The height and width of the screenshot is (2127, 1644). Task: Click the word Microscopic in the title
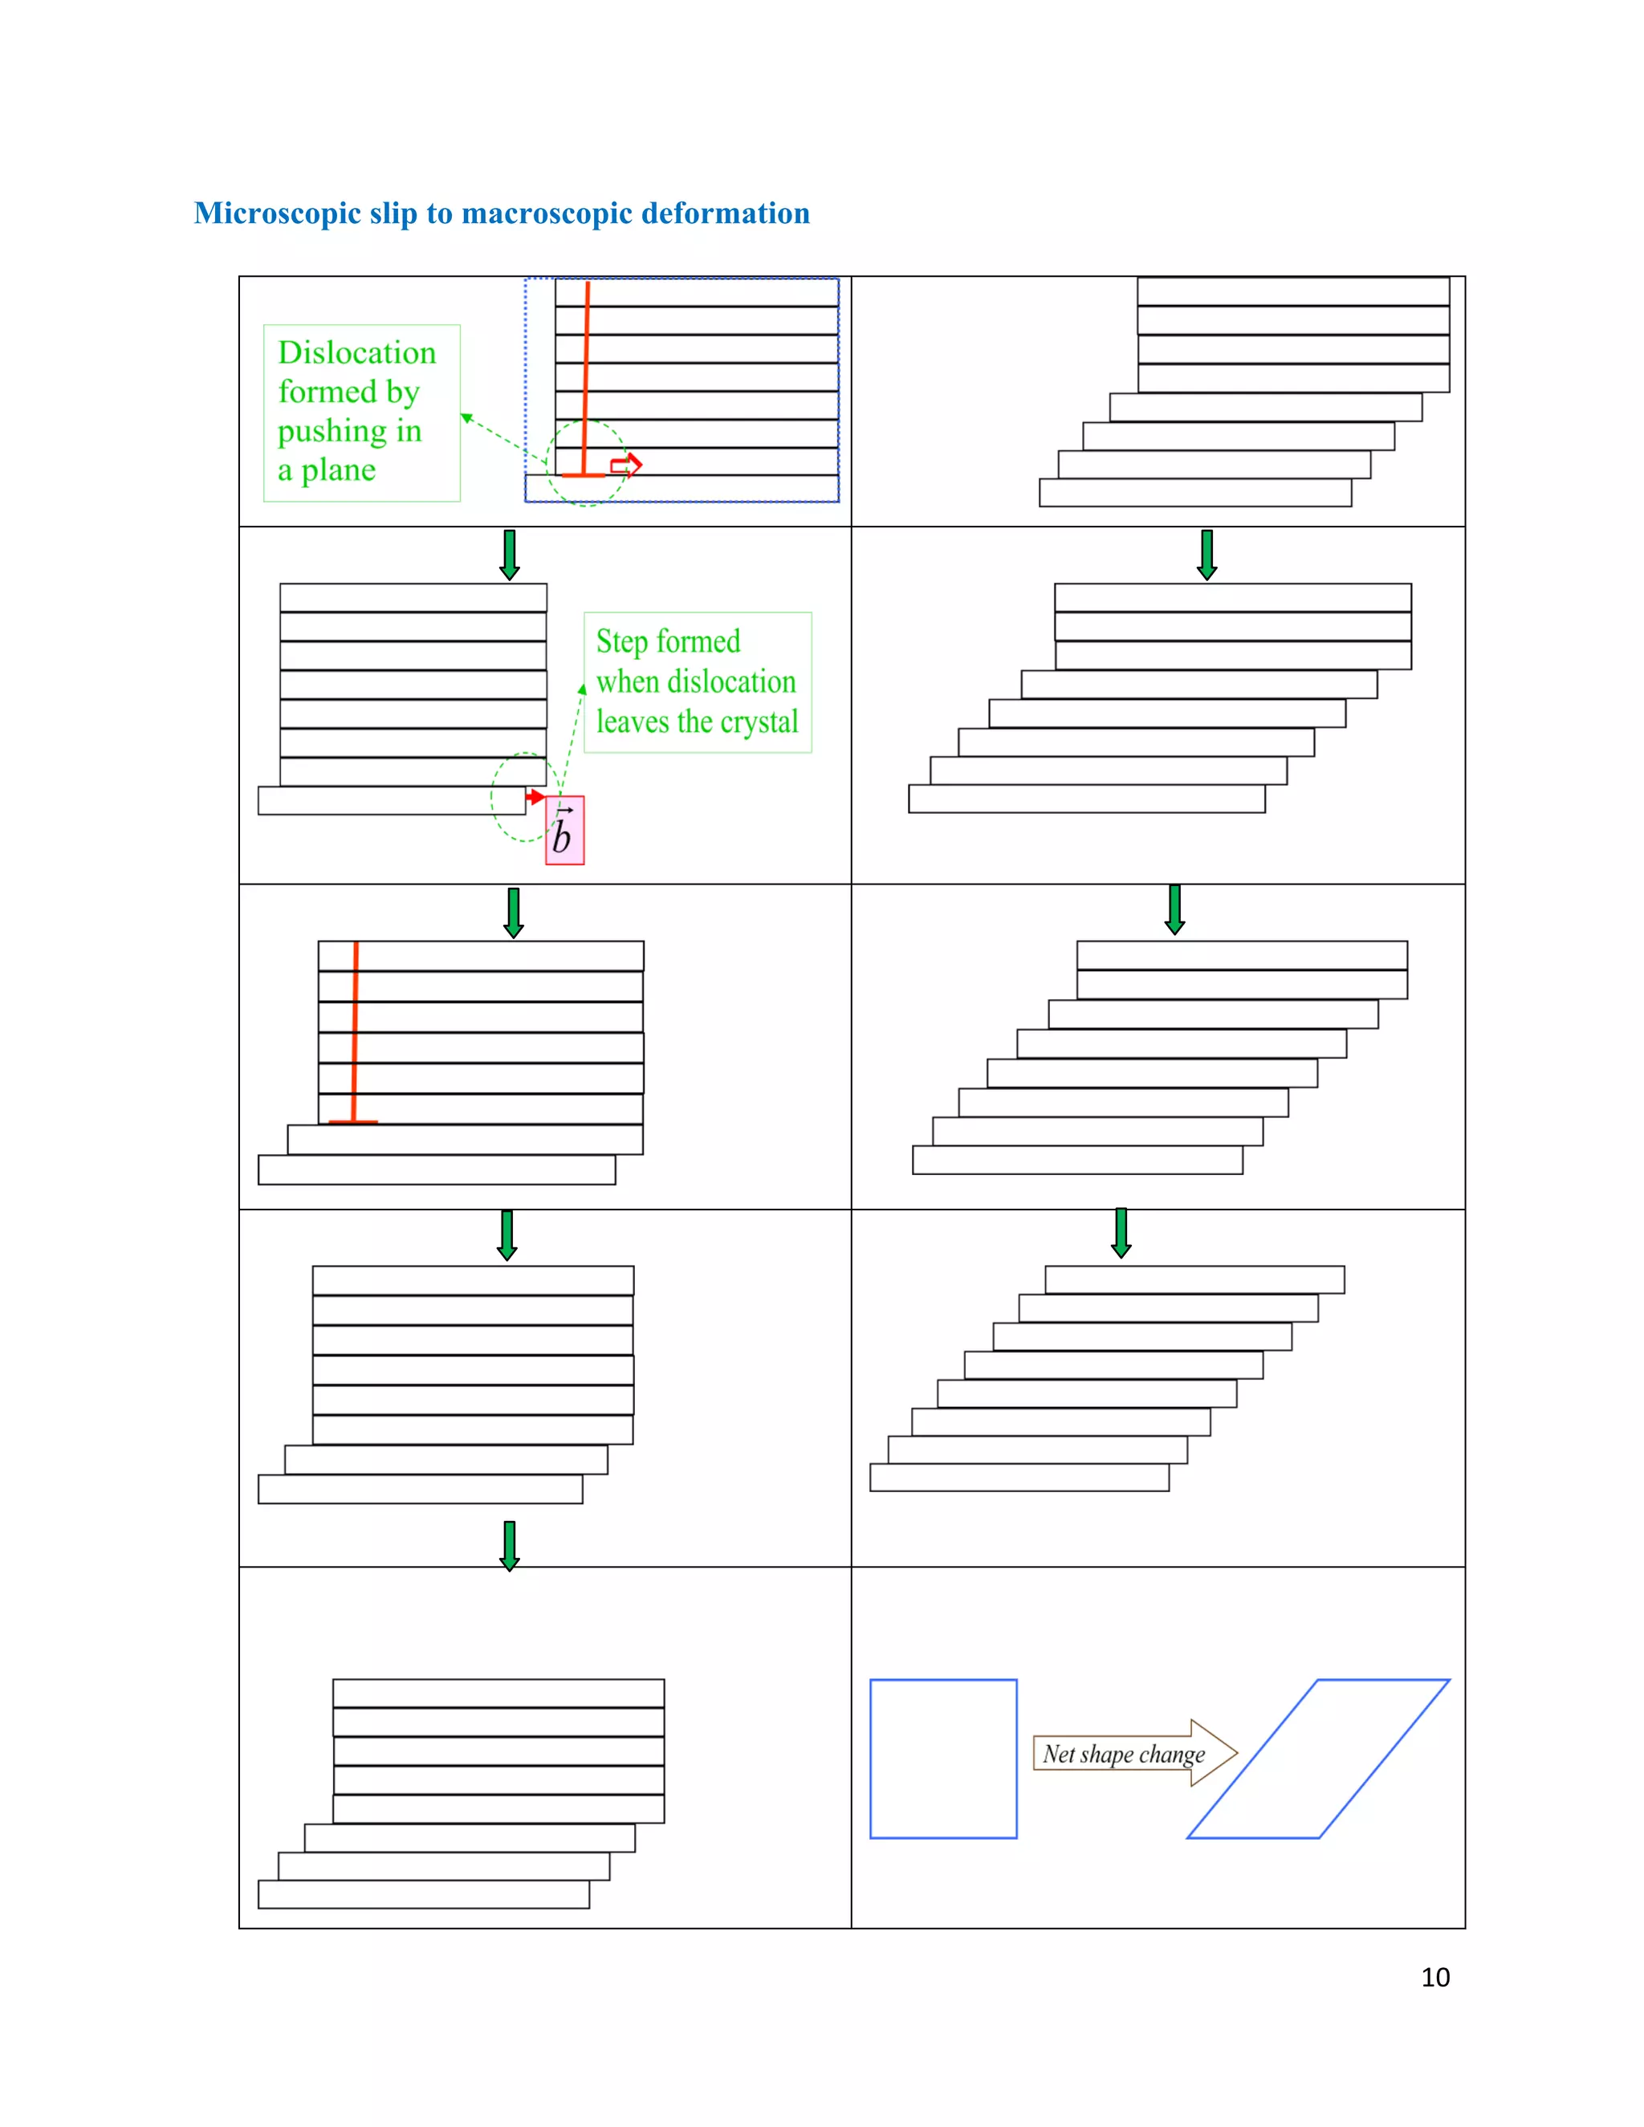tap(277, 214)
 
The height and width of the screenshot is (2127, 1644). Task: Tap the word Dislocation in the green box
tap(356, 352)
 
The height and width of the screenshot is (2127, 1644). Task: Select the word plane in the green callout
tap(338, 470)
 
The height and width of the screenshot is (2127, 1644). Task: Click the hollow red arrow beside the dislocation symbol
tap(626, 466)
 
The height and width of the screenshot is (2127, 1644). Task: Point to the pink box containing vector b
tap(565, 831)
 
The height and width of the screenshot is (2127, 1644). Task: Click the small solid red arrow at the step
tap(535, 798)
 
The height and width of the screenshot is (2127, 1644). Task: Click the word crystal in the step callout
tap(759, 722)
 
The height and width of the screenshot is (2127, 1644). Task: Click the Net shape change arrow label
tap(1124, 1754)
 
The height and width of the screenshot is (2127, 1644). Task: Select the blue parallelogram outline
tap(1383, 1680)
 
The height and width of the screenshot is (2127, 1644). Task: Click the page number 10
tap(1434, 1977)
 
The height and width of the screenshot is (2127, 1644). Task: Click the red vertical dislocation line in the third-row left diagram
tap(355, 1032)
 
